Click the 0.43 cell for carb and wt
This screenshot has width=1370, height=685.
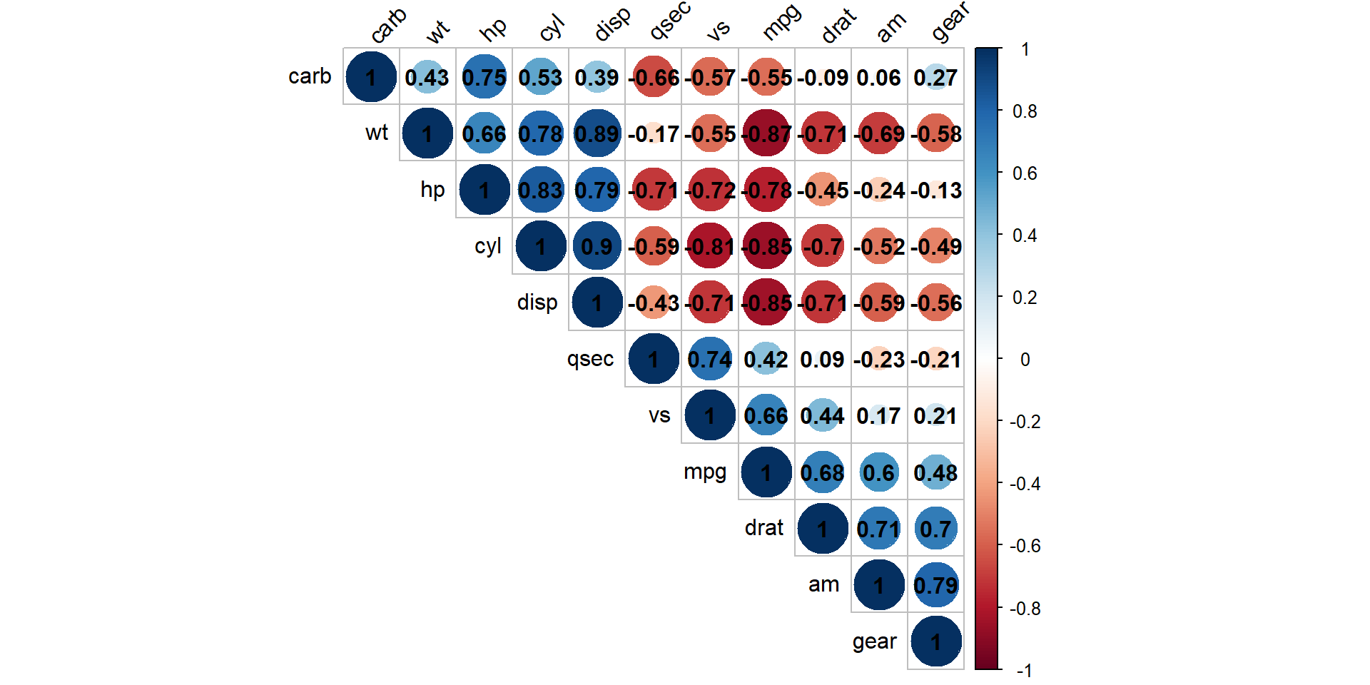[x=427, y=77]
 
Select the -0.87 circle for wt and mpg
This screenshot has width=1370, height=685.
[x=766, y=133]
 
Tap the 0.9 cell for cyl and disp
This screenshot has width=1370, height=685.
[x=597, y=246]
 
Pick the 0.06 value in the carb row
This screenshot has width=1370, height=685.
[x=879, y=77]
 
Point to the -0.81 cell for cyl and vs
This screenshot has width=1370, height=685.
[x=709, y=246]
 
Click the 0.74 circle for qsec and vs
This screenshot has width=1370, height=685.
[x=709, y=359]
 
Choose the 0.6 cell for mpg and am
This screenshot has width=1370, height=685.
[x=879, y=472]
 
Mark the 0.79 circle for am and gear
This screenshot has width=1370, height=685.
[x=935, y=585]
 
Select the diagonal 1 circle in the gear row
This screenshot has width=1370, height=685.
[x=935, y=641]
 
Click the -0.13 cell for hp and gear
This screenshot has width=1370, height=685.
[x=935, y=190]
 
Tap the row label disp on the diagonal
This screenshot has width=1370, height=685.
[x=537, y=303]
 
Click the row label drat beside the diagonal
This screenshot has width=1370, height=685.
[x=763, y=528]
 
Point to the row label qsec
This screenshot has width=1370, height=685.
[x=590, y=359]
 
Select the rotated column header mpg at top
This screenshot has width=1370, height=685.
[x=781, y=23]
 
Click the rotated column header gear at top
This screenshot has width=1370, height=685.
[x=950, y=23]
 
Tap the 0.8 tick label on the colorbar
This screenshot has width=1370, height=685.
[x=1025, y=111]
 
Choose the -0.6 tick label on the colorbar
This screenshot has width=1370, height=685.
[x=1025, y=546]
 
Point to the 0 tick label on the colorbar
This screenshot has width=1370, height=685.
[x=1025, y=360]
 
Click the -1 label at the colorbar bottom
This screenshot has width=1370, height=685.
[x=1025, y=671]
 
